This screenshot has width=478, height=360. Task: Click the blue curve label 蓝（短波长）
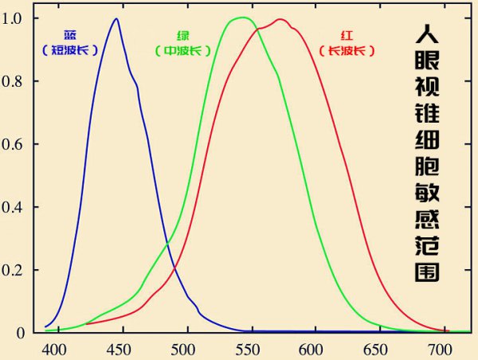click(70, 42)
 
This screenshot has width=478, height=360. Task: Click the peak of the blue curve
click(116, 19)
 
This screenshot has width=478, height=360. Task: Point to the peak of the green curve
click(241, 18)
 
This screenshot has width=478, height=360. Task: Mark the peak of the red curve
click(280, 19)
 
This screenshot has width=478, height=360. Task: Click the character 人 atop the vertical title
click(429, 34)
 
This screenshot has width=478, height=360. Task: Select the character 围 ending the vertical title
click(429, 270)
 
